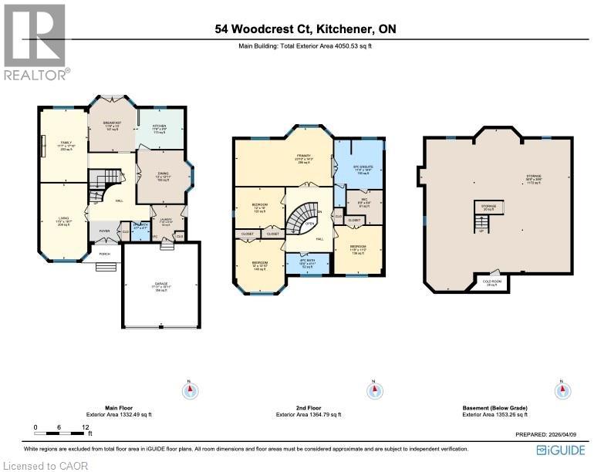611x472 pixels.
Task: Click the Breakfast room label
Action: coord(112,126)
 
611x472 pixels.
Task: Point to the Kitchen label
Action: coord(160,128)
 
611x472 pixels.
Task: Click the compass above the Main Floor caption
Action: coord(189,390)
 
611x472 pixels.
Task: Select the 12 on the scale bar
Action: coord(86,427)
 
